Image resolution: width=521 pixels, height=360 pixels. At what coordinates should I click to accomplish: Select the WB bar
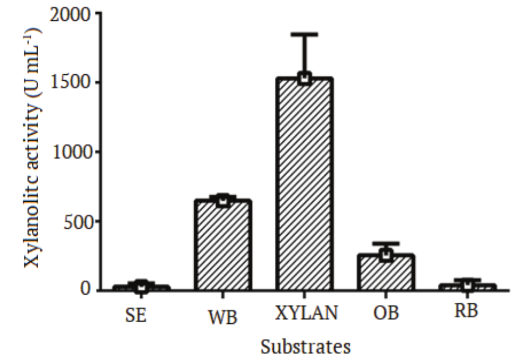[x=222, y=244]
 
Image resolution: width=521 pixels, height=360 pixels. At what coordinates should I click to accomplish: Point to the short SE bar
[x=141, y=288]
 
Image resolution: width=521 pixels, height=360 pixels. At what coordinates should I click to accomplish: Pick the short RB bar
[x=467, y=287]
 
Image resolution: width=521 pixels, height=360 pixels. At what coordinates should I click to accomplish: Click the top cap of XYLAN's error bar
[x=304, y=35]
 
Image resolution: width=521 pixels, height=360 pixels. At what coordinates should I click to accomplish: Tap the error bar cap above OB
[x=385, y=243]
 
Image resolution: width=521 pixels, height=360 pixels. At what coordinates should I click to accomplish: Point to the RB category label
[x=466, y=311]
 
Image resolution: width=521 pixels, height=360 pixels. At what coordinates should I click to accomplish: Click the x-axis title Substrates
[x=306, y=347]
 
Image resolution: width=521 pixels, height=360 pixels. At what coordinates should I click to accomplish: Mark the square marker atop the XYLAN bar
[x=304, y=78]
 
